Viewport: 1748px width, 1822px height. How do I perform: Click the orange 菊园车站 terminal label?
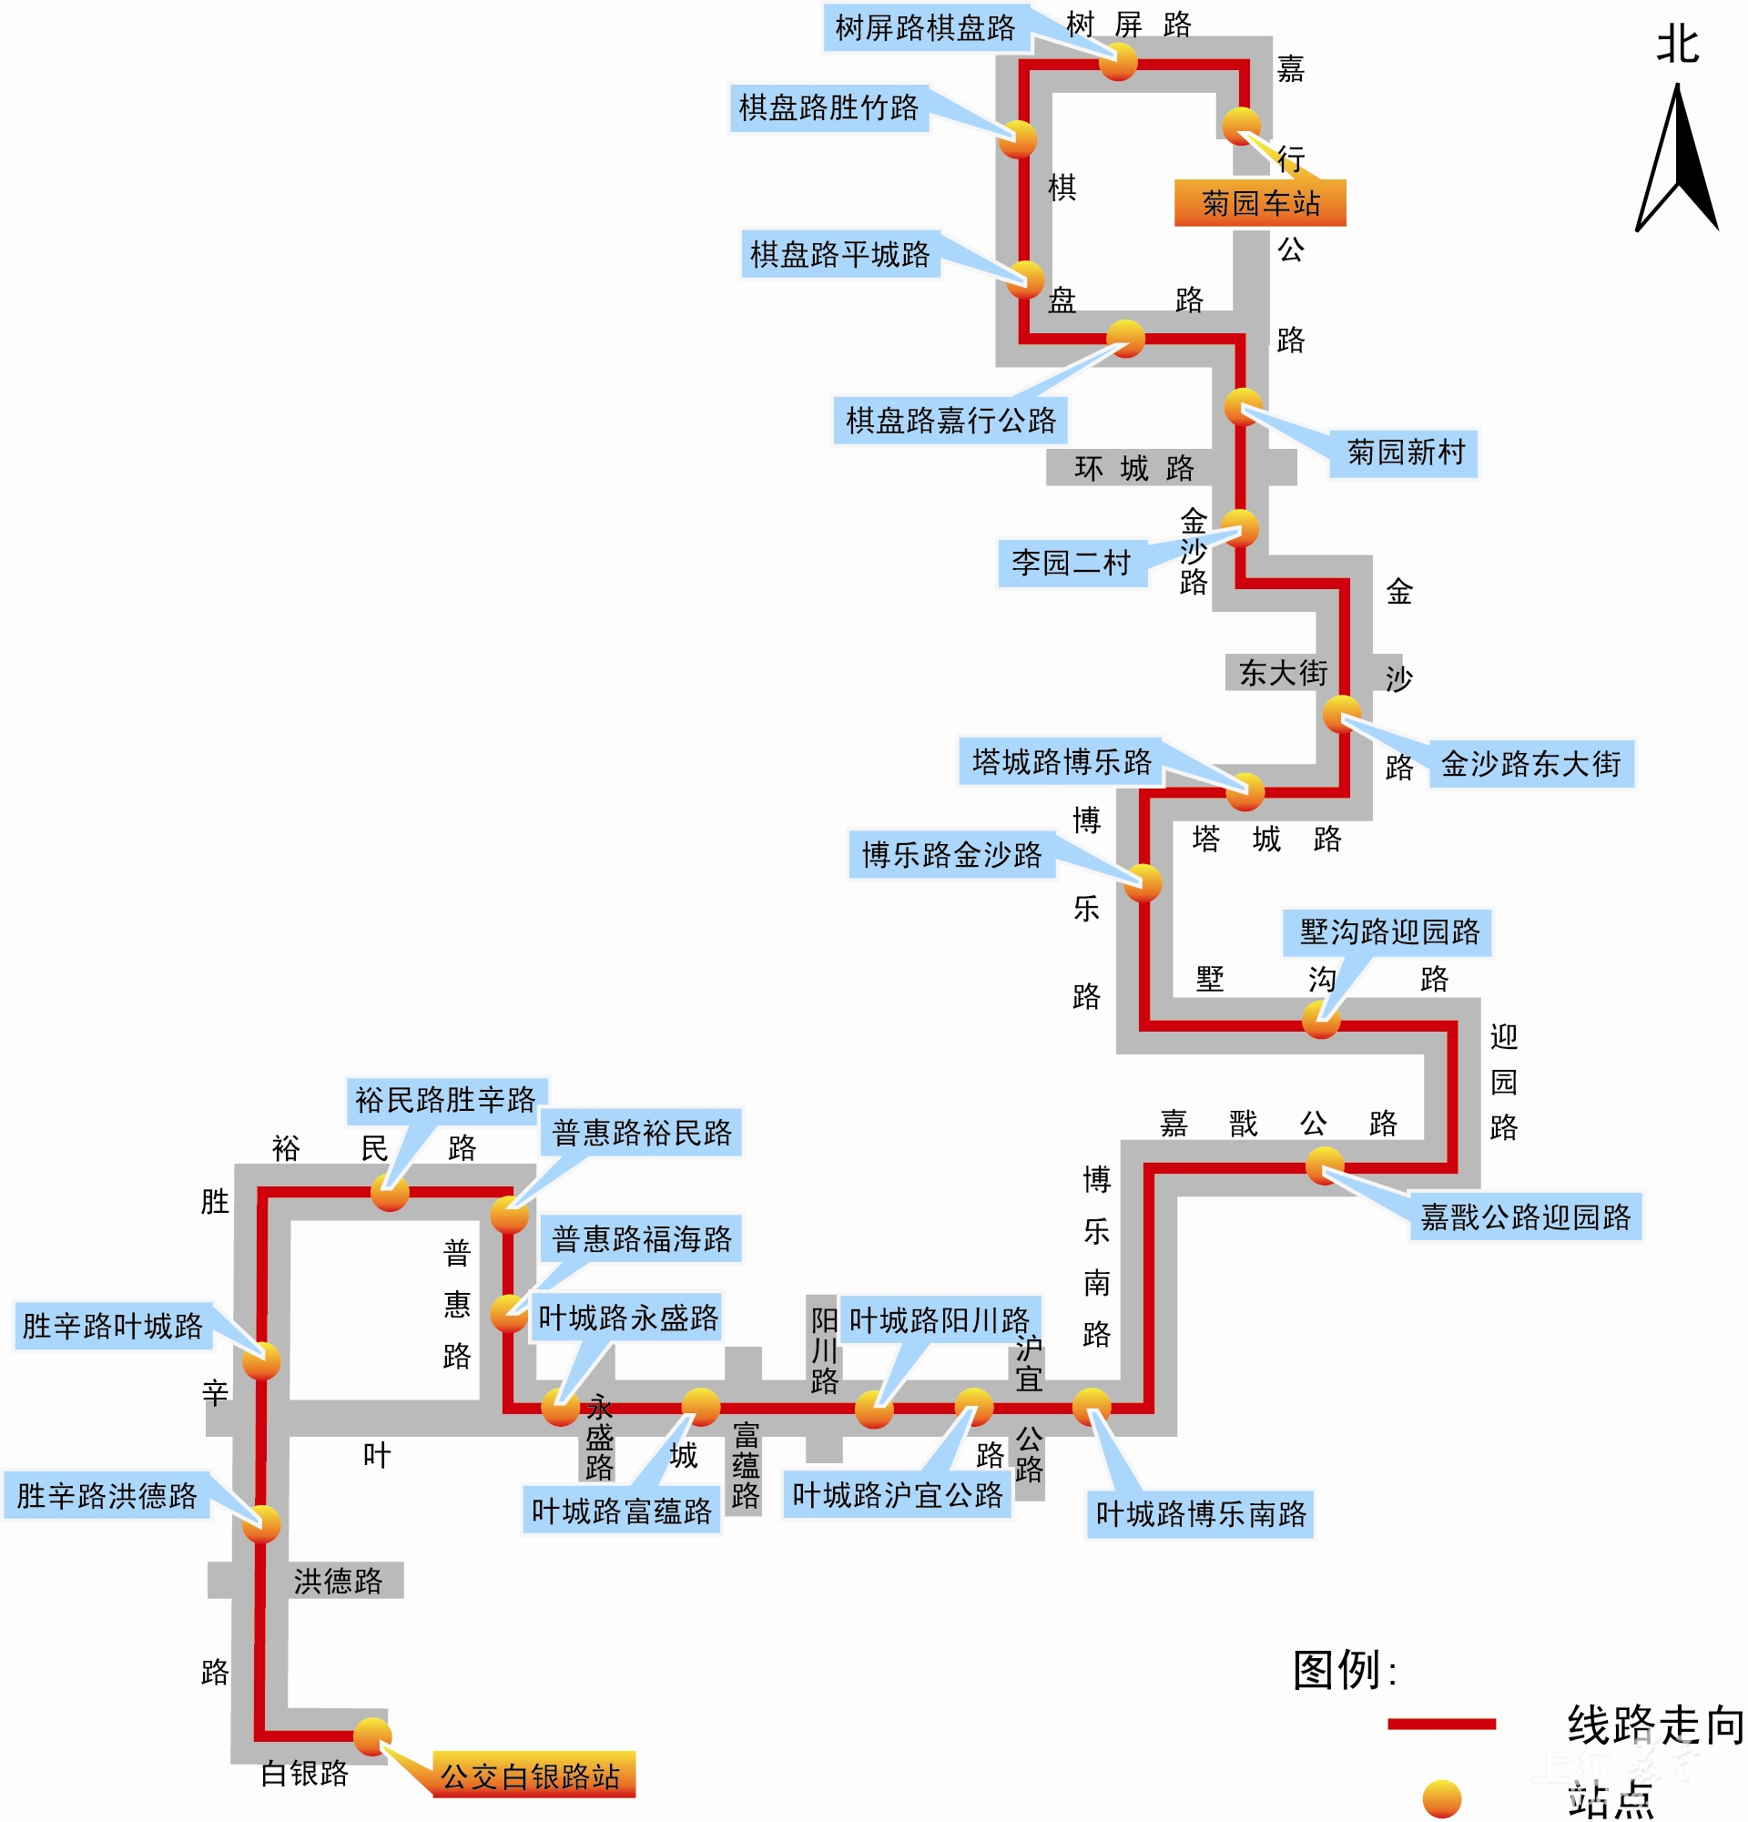pos(1259,203)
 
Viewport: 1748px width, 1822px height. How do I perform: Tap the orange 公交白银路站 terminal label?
pos(534,1776)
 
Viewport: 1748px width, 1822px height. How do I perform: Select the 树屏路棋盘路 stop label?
pos(926,28)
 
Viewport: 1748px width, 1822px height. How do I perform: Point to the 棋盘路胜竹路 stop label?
pos(828,107)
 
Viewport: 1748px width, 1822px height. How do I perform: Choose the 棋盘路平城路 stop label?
pos(840,254)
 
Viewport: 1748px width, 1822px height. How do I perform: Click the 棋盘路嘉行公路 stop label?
pos(950,420)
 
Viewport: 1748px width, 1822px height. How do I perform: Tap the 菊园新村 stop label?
pos(1404,453)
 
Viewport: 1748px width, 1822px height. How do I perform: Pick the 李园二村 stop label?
pos(1072,563)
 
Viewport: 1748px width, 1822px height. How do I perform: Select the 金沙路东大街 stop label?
pos(1530,764)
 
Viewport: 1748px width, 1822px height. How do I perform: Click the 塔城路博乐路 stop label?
pos(1062,761)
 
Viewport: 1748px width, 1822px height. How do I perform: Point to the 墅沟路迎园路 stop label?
pos(1387,932)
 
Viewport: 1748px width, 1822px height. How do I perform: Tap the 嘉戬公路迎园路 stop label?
pos(1526,1216)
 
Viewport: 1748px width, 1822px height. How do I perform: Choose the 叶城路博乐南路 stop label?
pos(1201,1513)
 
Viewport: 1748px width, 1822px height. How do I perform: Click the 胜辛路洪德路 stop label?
pos(107,1495)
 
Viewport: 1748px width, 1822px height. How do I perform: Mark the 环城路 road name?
pos(1133,468)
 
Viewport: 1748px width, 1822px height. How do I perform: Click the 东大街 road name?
pos(1283,672)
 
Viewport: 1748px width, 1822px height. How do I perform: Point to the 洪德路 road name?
pos(338,1581)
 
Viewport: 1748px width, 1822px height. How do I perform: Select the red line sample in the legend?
pos(1441,1724)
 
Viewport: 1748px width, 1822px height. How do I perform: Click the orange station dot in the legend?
pos(1441,1798)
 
